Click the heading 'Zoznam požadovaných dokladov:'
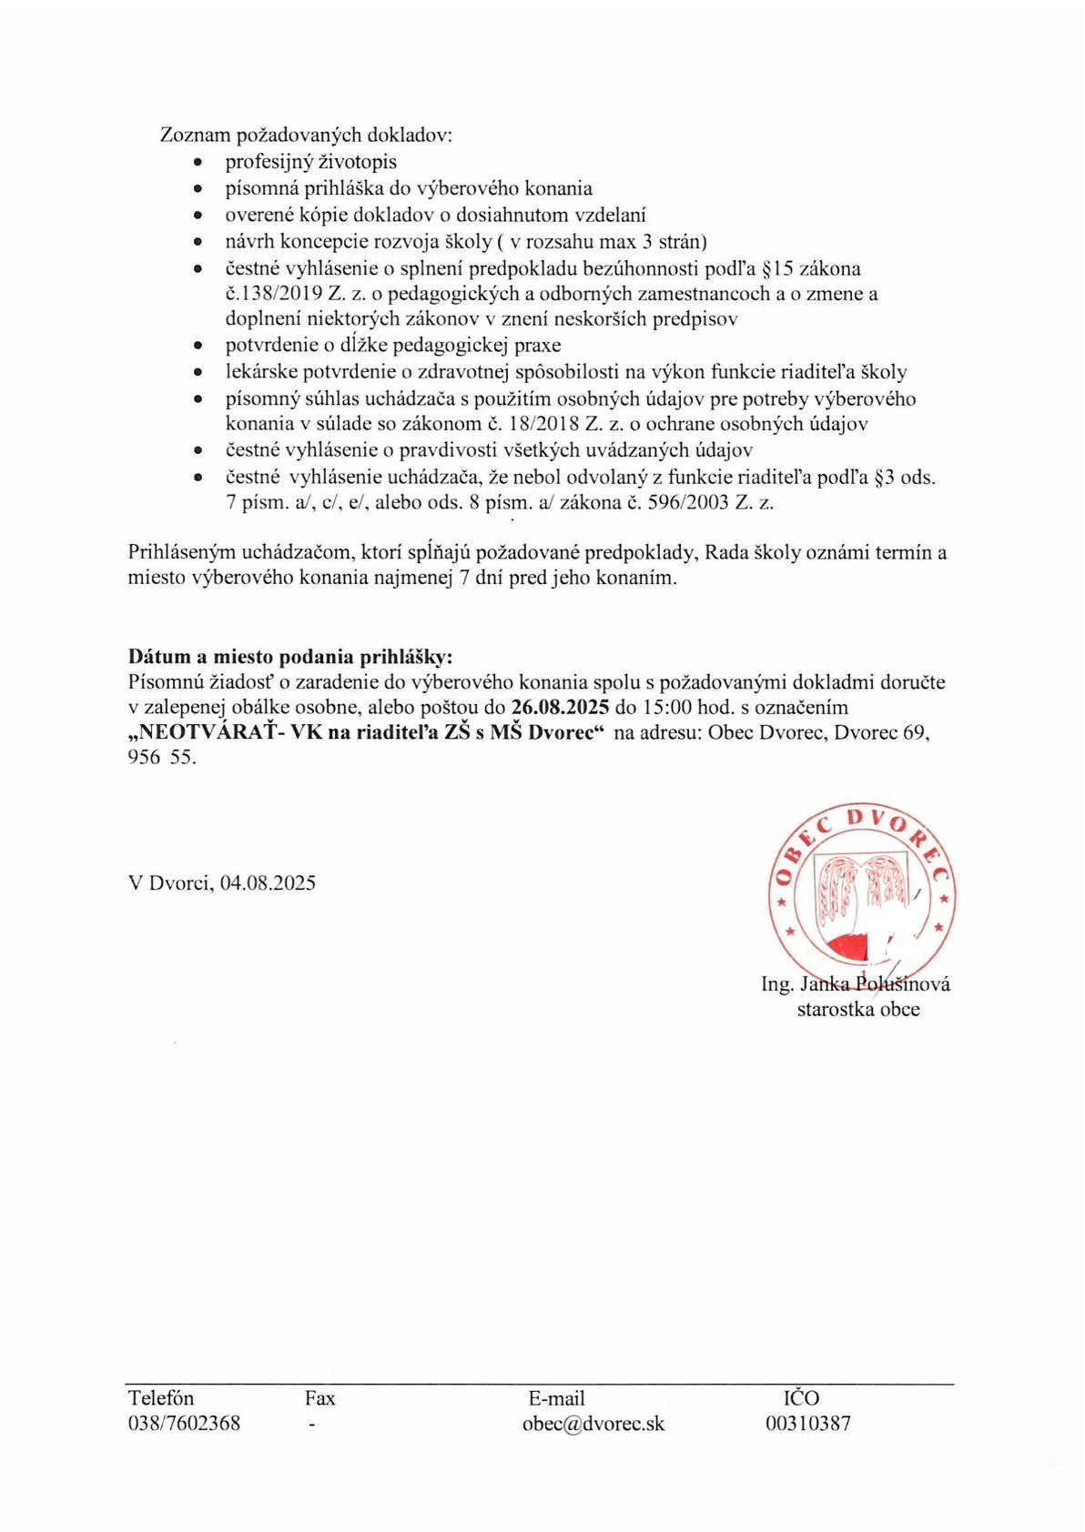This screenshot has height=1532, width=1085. point(306,136)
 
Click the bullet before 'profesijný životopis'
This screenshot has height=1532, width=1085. point(198,163)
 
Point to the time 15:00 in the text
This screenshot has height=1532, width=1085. point(667,707)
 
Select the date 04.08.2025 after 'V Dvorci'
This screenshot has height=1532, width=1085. point(268,882)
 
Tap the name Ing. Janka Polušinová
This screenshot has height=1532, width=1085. point(856,983)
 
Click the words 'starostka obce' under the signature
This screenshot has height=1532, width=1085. point(858,1009)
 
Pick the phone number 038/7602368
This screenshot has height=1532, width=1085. point(184,1424)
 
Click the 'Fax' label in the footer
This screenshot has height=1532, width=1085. point(319,1398)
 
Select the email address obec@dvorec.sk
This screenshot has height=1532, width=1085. point(593,1424)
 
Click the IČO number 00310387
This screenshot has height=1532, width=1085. point(808,1424)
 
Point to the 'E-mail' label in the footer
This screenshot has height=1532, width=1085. point(556,1398)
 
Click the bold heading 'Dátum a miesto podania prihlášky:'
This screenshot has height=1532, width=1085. point(289,657)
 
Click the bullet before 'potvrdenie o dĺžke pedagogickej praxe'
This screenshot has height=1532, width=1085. point(198,346)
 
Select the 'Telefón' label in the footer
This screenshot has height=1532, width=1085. point(161,1398)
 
